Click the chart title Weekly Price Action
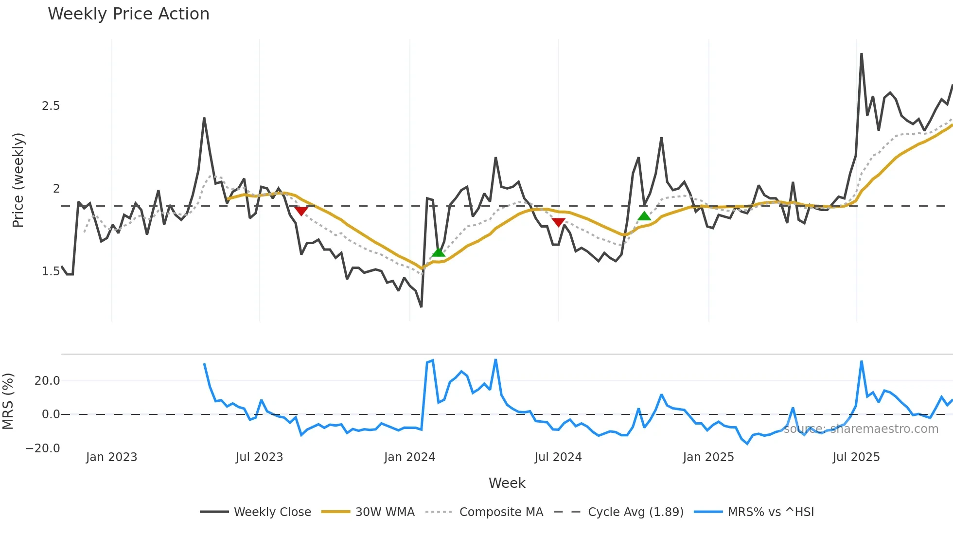point(128,14)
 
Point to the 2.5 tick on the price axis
point(51,106)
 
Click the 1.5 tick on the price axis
point(51,271)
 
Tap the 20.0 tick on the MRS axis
point(47,381)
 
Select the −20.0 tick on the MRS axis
point(43,448)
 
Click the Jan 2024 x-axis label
point(409,457)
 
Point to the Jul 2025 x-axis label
point(856,457)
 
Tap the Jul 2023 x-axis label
point(259,457)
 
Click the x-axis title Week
point(507,483)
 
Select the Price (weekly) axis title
point(18,180)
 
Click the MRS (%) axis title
point(8,401)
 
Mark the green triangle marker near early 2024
point(438,252)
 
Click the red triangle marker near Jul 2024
point(558,222)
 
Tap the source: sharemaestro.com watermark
point(861,429)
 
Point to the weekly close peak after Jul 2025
point(861,54)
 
